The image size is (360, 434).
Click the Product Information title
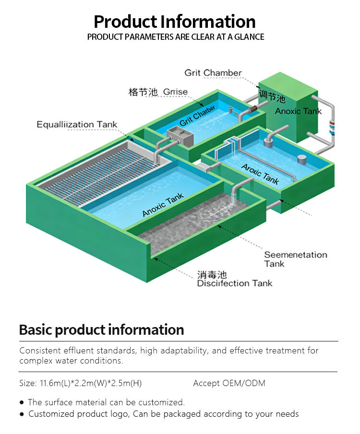(x=175, y=22)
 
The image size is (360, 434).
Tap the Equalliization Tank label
(x=77, y=125)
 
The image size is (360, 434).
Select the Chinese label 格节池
(x=143, y=93)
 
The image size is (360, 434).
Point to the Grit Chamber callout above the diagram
(x=213, y=73)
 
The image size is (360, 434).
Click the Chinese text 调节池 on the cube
(x=272, y=96)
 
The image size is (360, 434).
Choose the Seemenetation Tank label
(x=295, y=259)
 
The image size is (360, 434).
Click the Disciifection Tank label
(x=234, y=283)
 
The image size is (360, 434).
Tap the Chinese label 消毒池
(x=212, y=275)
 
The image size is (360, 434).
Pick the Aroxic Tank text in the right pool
(x=260, y=174)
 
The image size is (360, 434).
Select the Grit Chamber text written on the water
(x=197, y=117)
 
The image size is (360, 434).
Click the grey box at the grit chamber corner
(x=180, y=136)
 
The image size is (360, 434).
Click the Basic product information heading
(x=101, y=330)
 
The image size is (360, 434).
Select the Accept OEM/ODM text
(x=229, y=383)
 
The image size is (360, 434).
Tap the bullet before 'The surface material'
(x=22, y=402)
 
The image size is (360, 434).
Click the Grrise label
(x=175, y=92)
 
